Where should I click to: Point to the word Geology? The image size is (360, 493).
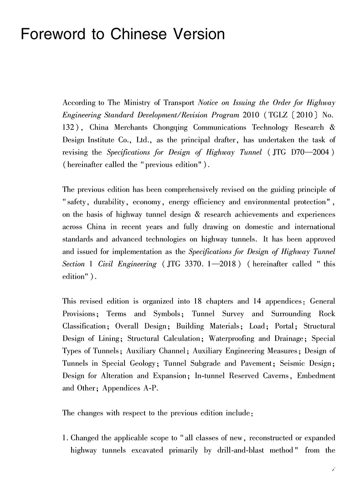(x=142, y=363)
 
